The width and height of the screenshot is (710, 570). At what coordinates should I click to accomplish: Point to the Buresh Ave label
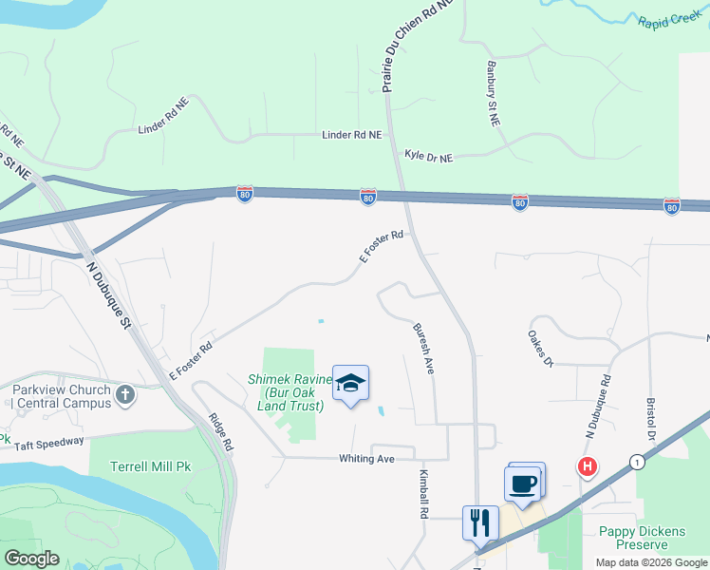[423, 348]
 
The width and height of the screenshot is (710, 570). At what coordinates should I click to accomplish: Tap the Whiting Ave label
[366, 459]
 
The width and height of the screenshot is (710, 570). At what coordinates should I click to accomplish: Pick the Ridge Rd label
[220, 431]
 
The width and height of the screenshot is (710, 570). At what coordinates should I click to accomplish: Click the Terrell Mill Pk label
[141, 469]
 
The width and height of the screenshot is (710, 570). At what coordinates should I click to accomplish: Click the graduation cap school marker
[350, 384]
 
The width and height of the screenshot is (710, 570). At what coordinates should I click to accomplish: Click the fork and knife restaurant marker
[479, 522]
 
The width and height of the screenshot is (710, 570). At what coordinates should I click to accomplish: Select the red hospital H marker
[589, 466]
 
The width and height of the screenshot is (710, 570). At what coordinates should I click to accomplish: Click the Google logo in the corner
[31, 559]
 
